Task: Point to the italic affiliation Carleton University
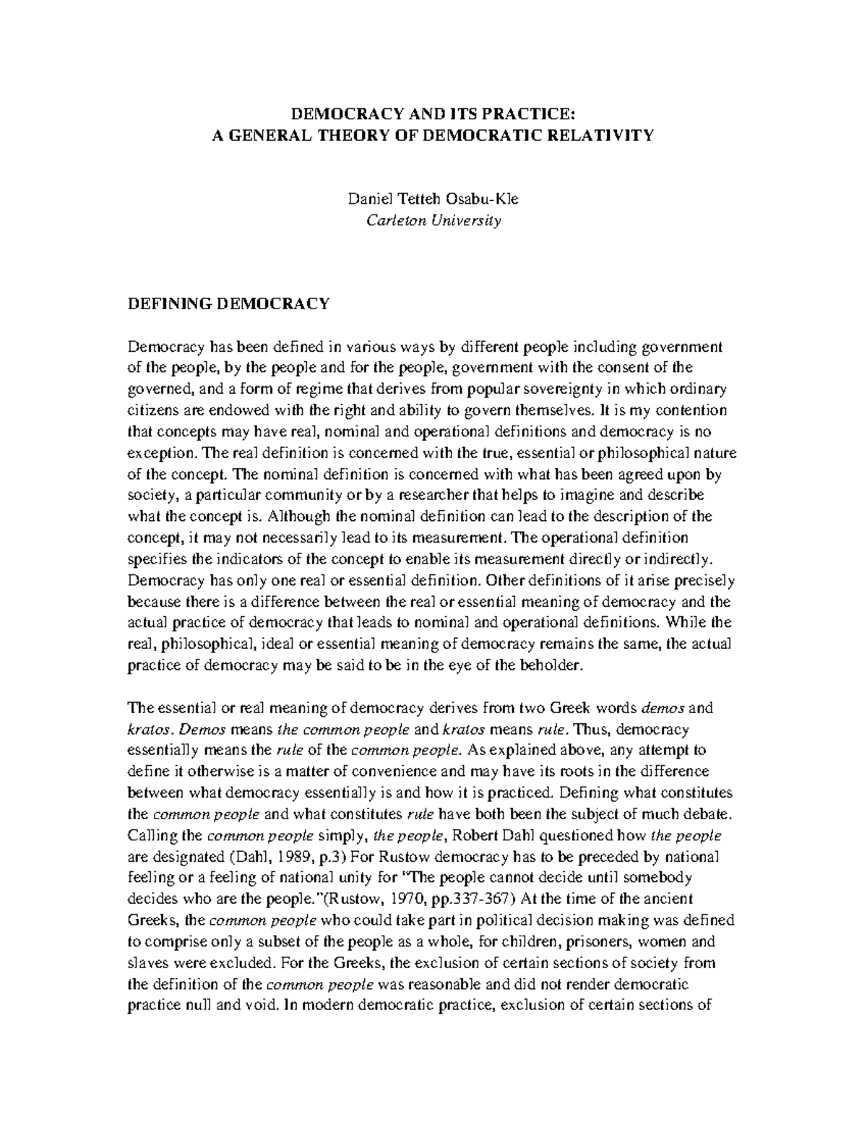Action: pyautogui.click(x=433, y=220)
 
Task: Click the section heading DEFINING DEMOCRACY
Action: pyautogui.click(x=228, y=303)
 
